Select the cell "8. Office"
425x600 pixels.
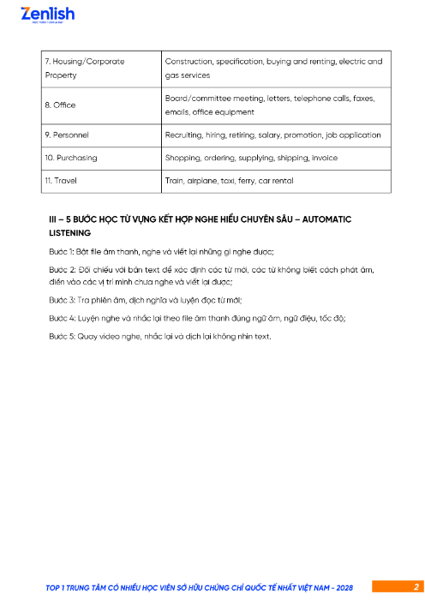point(59,105)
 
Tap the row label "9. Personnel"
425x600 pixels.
point(66,135)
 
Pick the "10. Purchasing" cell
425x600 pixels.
point(70,158)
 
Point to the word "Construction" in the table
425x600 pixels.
point(188,62)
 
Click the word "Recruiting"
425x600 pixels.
point(183,135)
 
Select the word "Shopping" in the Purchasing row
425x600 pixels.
point(182,158)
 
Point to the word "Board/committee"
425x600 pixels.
point(199,98)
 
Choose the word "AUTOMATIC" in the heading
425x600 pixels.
point(321,219)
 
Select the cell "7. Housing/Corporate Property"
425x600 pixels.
point(84,69)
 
